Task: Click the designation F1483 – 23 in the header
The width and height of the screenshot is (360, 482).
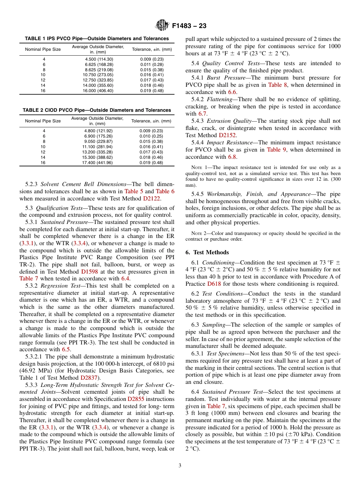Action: (189, 26)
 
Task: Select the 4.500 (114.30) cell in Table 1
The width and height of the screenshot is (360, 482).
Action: (99, 59)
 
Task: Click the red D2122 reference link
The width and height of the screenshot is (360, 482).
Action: (152, 198)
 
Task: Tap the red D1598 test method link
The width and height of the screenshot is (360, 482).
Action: (90, 272)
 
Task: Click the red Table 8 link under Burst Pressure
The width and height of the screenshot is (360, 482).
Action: (277, 85)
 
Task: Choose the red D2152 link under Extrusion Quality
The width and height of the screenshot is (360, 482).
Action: (227, 135)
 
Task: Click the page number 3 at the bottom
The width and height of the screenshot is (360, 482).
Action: (180, 465)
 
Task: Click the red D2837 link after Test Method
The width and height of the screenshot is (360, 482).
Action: (89, 378)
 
